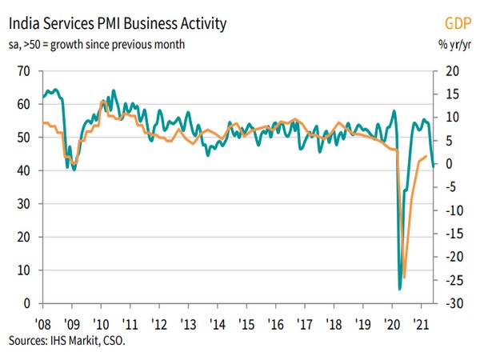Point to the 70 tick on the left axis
[x=24, y=71]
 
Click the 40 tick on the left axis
[x=24, y=170]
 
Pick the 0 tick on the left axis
[x=27, y=303]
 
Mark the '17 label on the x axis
[x=304, y=324]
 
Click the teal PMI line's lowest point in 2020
[x=399, y=289]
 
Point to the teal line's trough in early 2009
[x=74, y=170]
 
